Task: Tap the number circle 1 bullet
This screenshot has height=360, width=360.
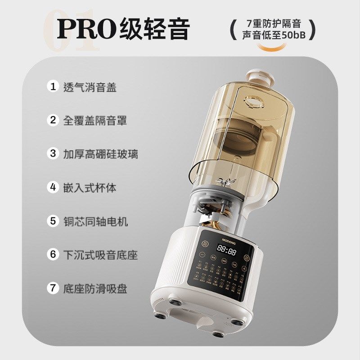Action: pyautogui.click(x=54, y=86)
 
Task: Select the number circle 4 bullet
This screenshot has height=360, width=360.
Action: pyautogui.click(x=54, y=187)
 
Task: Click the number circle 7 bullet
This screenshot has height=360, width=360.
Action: pyautogui.click(x=54, y=288)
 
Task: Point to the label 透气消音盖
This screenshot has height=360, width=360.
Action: pyautogui.click(x=90, y=87)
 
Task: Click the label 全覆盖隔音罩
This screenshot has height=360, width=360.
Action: pyautogui.click(x=95, y=121)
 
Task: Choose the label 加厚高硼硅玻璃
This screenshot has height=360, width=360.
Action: pyautogui.click(x=100, y=154)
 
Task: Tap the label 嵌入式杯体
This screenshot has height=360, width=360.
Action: pyautogui.click(x=90, y=187)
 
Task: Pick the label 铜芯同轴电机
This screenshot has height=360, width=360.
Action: pyautogui.click(x=95, y=221)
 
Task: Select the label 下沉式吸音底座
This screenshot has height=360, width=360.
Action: pyautogui.click(x=100, y=255)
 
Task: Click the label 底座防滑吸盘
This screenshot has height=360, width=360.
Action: pyautogui.click(x=95, y=288)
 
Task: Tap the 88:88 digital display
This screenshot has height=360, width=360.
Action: pyautogui.click(x=226, y=251)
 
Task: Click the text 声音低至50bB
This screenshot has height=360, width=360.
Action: pyautogui.click(x=271, y=35)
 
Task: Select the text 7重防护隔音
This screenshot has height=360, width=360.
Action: pyautogui.click(x=271, y=22)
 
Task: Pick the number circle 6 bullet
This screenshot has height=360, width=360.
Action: pyautogui.click(x=54, y=254)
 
